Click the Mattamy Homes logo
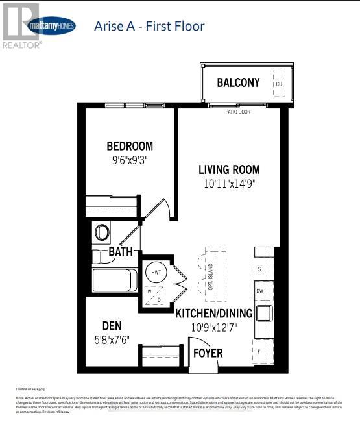(x=51, y=27)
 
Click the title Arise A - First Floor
(x=149, y=27)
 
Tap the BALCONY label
(x=238, y=83)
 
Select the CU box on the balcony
(x=279, y=84)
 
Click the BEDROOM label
(x=130, y=146)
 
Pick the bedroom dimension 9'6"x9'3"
(x=130, y=158)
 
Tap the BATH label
(x=121, y=251)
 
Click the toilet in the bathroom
(x=102, y=232)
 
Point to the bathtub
(x=113, y=280)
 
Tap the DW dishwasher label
(x=259, y=291)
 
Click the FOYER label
(x=208, y=353)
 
